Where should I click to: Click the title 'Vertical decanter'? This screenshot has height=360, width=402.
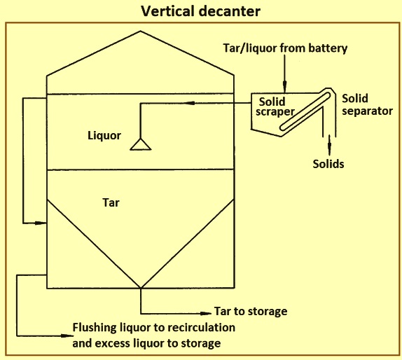click(x=201, y=11)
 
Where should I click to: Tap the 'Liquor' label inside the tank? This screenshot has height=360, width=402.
click(x=104, y=135)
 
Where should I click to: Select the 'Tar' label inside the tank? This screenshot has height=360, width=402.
click(x=111, y=202)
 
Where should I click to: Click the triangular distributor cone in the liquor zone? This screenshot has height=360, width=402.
click(x=141, y=144)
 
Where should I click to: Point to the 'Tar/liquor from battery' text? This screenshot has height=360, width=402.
click(x=285, y=48)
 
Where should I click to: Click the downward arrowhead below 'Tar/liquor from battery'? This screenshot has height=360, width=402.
click(x=284, y=85)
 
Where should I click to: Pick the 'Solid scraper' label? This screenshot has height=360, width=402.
click(x=275, y=107)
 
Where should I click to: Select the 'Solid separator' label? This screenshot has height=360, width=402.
click(x=367, y=105)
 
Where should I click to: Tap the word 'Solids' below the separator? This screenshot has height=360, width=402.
click(x=328, y=164)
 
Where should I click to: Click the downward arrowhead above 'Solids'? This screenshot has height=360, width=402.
click(x=329, y=148)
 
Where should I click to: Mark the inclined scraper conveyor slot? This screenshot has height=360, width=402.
click(x=305, y=111)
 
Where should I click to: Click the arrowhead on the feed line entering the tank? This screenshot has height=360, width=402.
click(x=189, y=103)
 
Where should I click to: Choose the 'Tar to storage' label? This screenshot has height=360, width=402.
click(x=251, y=311)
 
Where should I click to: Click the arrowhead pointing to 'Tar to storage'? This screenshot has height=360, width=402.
click(x=206, y=313)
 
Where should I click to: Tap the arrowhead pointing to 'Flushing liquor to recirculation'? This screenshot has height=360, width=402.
click(x=67, y=335)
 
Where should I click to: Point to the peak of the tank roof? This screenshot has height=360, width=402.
click(x=140, y=32)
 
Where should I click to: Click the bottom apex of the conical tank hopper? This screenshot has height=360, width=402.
click(x=141, y=288)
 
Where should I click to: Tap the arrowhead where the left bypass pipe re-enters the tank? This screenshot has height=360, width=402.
click(x=41, y=223)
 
